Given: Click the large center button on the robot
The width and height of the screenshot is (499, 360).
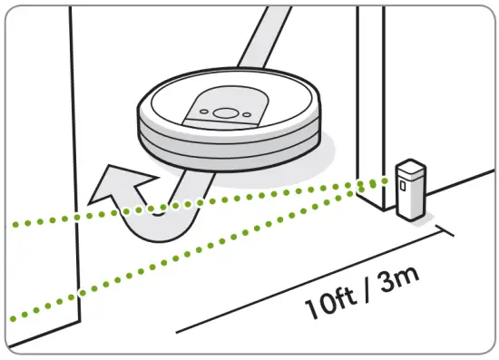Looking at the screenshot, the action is coord(225,113).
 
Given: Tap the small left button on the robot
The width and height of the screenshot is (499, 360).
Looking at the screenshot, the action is coord(204,112).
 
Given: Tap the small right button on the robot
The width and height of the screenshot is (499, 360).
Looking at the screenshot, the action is coord(247,115).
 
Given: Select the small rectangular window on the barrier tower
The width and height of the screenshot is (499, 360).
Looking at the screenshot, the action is coord(403,185).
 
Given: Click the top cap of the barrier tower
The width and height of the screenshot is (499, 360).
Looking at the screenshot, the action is coord(410,167).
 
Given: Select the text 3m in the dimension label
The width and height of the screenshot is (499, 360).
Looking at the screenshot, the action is coord(398,280).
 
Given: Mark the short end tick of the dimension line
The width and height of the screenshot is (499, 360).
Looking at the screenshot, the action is coord(445,230).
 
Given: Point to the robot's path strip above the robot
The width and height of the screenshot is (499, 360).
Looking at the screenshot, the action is coord(264,37).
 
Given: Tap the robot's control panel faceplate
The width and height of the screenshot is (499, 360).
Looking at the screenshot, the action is coord(225,108).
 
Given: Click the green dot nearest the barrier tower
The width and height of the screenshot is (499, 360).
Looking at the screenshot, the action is coord(385,181).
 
